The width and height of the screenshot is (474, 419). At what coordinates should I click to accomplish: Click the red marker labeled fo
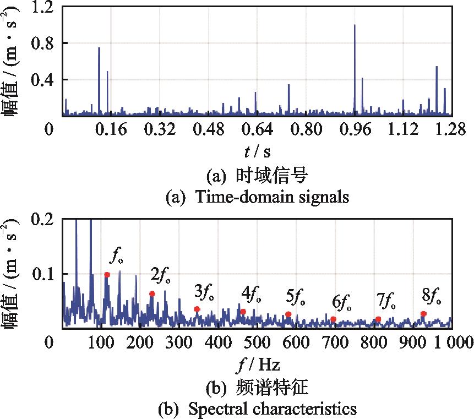pos(107,274)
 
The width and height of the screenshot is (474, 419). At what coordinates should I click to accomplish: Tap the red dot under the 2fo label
pos(152,293)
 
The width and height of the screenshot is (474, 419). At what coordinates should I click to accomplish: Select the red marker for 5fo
pos(288,314)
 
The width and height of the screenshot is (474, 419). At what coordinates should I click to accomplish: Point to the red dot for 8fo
pos(423,314)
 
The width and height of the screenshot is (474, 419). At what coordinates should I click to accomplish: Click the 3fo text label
pos(205,292)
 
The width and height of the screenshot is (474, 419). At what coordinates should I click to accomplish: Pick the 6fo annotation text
pos(342,302)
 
